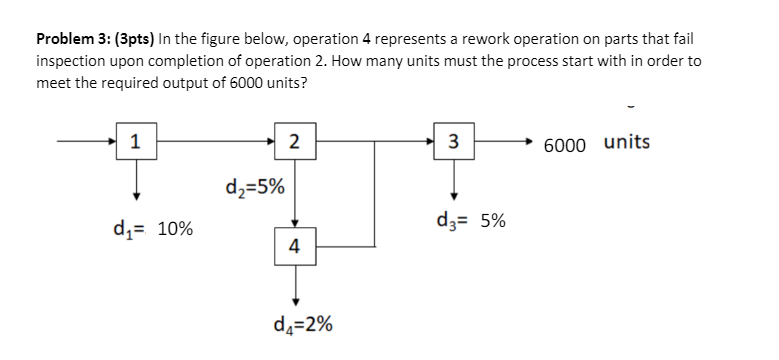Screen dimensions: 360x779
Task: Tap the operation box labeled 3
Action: click(x=454, y=141)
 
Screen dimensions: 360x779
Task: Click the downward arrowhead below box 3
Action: click(x=454, y=195)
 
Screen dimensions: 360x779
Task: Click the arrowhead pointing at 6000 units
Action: click(x=531, y=141)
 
